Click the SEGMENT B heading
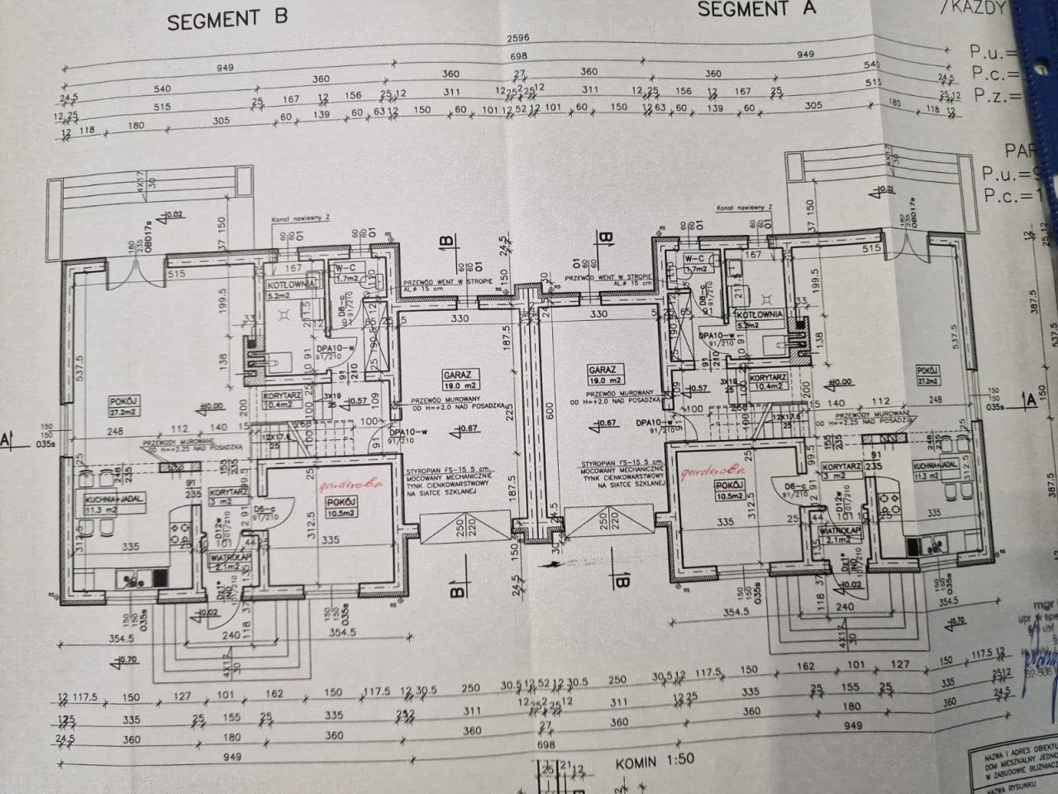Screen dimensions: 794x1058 tap(226, 19)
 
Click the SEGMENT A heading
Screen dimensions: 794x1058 tap(755, 9)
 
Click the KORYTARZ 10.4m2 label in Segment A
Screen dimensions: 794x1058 tap(765, 382)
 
